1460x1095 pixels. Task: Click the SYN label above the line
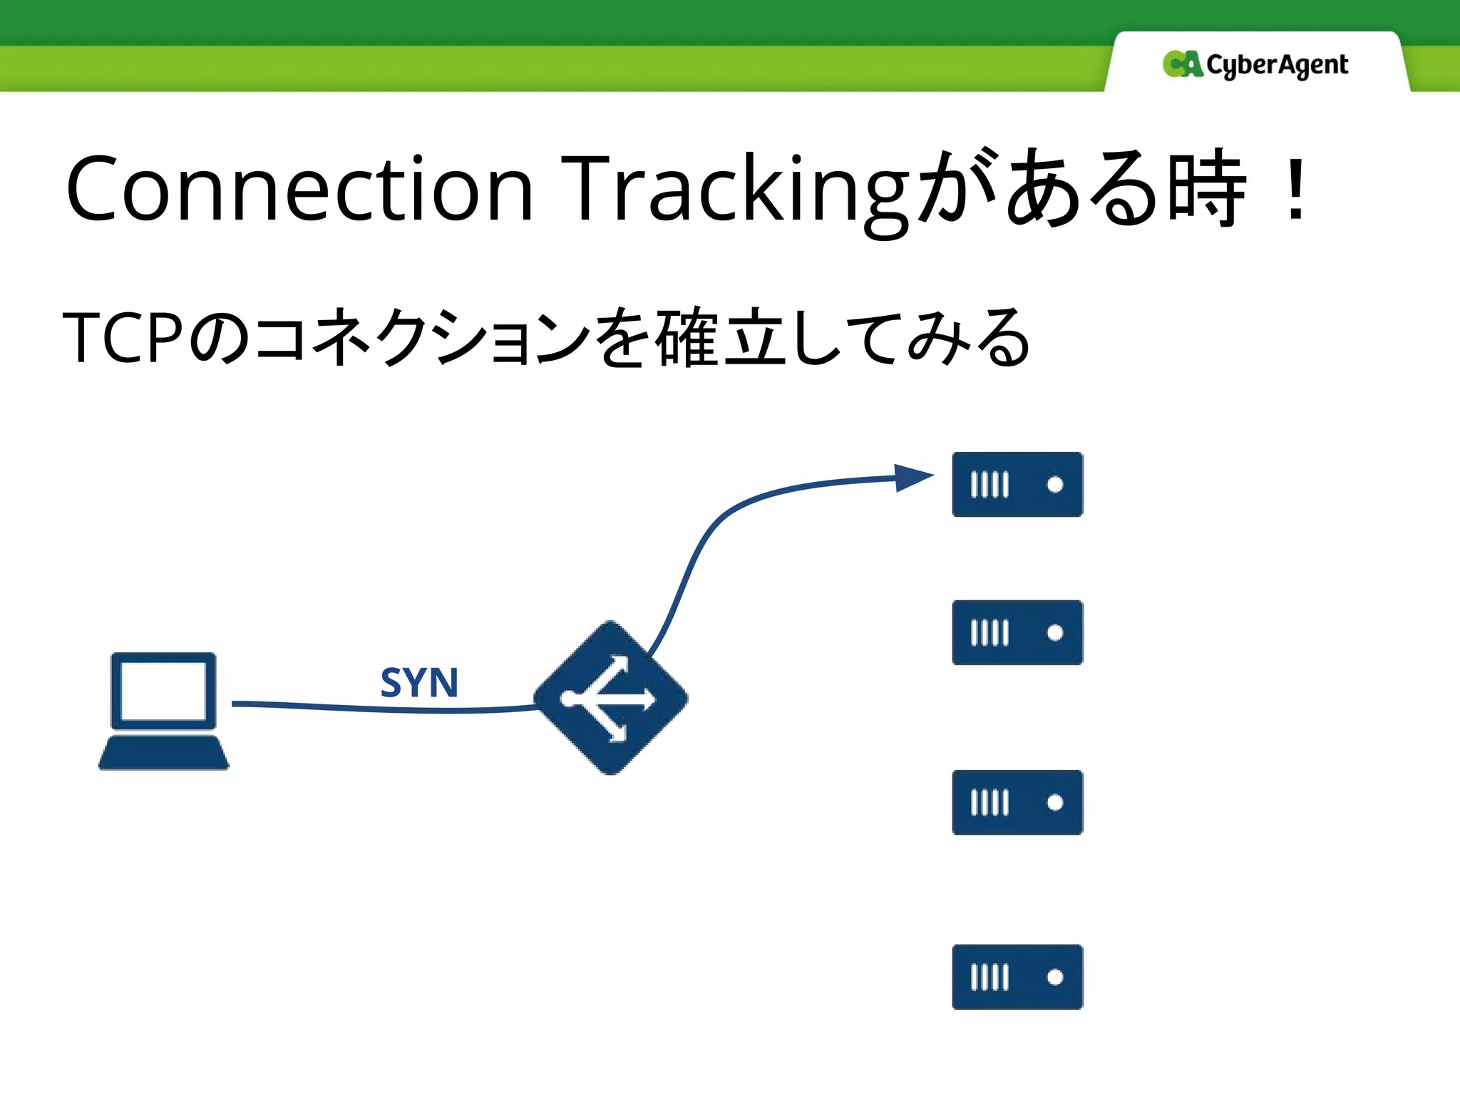click(419, 682)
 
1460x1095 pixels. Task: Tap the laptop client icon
click(164, 711)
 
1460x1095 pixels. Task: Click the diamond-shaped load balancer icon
click(611, 698)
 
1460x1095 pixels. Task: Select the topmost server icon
click(1017, 484)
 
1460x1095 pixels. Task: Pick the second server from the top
click(1017, 632)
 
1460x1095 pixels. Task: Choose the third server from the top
click(1017, 802)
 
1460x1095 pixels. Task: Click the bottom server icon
click(1017, 977)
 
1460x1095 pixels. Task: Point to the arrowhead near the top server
click(913, 477)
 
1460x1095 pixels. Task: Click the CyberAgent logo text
click(1277, 66)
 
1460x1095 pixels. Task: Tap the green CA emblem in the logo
click(1181, 64)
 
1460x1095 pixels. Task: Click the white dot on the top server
click(1055, 485)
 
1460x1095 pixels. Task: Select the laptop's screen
click(163, 690)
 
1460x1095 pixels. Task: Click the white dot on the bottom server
click(1055, 977)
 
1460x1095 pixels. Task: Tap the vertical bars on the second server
click(989, 632)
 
